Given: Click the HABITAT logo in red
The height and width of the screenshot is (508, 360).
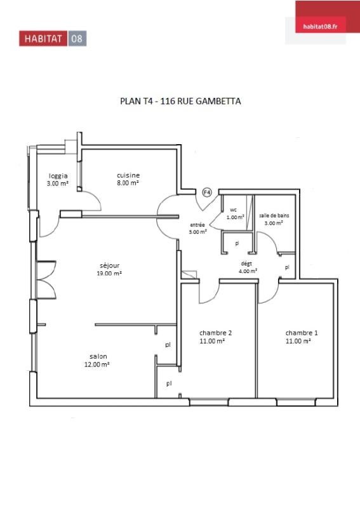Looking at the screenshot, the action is click(43, 39).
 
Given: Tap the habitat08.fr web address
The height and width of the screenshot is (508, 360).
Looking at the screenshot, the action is click(320, 27).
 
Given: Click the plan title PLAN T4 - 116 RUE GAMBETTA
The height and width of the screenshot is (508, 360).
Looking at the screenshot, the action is click(180, 101).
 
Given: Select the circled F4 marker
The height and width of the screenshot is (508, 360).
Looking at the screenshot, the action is click(207, 192).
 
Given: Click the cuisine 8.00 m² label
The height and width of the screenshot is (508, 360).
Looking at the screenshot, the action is click(128, 179).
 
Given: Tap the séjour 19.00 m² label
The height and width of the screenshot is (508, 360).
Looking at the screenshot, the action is click(109, 269).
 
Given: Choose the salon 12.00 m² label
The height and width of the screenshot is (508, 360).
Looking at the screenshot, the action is click(97, 360).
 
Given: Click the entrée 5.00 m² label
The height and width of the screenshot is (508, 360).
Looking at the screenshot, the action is click(197, 228).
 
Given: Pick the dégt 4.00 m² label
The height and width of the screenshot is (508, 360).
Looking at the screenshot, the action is click(248, 267).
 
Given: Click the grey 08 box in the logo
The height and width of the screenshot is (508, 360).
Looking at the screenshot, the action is click(77, 39).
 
